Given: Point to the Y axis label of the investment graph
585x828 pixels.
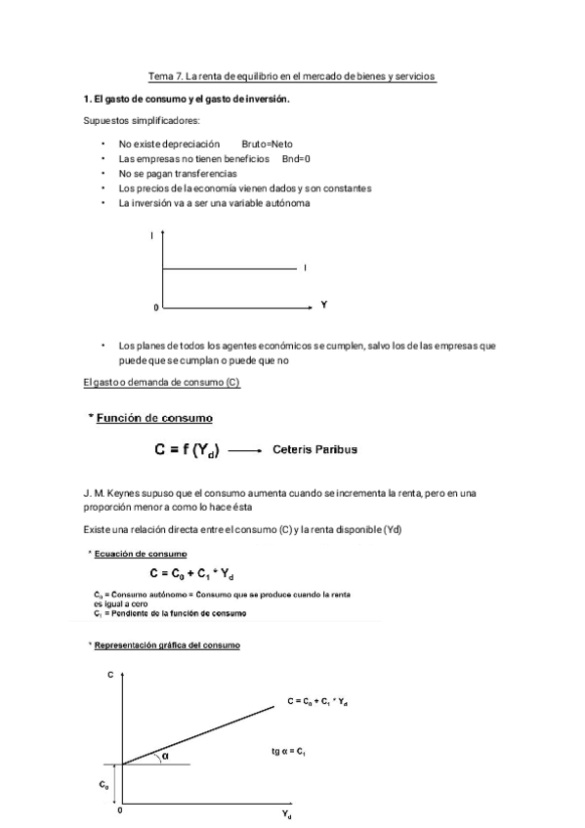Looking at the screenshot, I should (x=323, y=306).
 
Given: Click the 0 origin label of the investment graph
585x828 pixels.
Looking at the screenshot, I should (x=153, y=309).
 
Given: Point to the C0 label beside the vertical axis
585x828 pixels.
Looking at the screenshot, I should (x=104, y=784).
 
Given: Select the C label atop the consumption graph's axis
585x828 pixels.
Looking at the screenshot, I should (x=109, y=676).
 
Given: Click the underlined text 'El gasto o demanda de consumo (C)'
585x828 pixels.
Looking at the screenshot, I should (x=161, y=383).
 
